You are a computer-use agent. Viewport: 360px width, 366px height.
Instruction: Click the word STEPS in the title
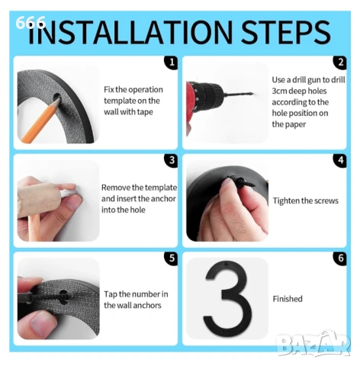(x=285, y=32)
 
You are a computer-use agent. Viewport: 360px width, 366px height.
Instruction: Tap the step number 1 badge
(x=172, y=63)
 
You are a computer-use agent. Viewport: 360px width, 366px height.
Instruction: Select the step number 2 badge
(x=340, y=63)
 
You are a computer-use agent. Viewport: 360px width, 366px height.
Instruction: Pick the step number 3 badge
(x=172, y=160)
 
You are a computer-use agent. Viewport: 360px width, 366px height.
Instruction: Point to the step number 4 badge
(x=340, y=160)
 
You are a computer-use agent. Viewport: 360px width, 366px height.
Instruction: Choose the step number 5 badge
(x=172, y=258)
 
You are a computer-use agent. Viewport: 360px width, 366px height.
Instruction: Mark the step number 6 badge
(x=340, y=258)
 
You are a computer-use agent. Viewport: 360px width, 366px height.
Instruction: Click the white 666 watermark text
(x=31, y=23)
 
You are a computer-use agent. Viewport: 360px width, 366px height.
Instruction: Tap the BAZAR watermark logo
(x=314, y=344)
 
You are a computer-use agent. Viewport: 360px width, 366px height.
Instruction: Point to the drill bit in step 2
(x=238, y=95)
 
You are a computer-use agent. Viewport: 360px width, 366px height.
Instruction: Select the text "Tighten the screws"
(x=306, y=201)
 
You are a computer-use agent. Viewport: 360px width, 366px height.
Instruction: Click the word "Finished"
(x=288, y=299)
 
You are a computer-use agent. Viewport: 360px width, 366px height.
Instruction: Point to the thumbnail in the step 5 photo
(x=40, y=325)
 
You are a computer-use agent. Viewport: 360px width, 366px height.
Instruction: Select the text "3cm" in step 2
(x=279, y=91)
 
